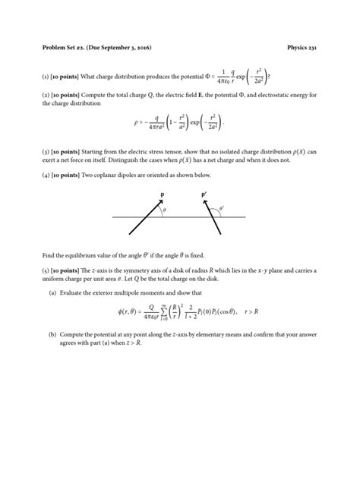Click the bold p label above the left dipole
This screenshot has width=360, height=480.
tap(162, 194)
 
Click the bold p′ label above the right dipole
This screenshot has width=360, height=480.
tap(204, 194)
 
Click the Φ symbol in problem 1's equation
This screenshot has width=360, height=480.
tap(205, 77)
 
